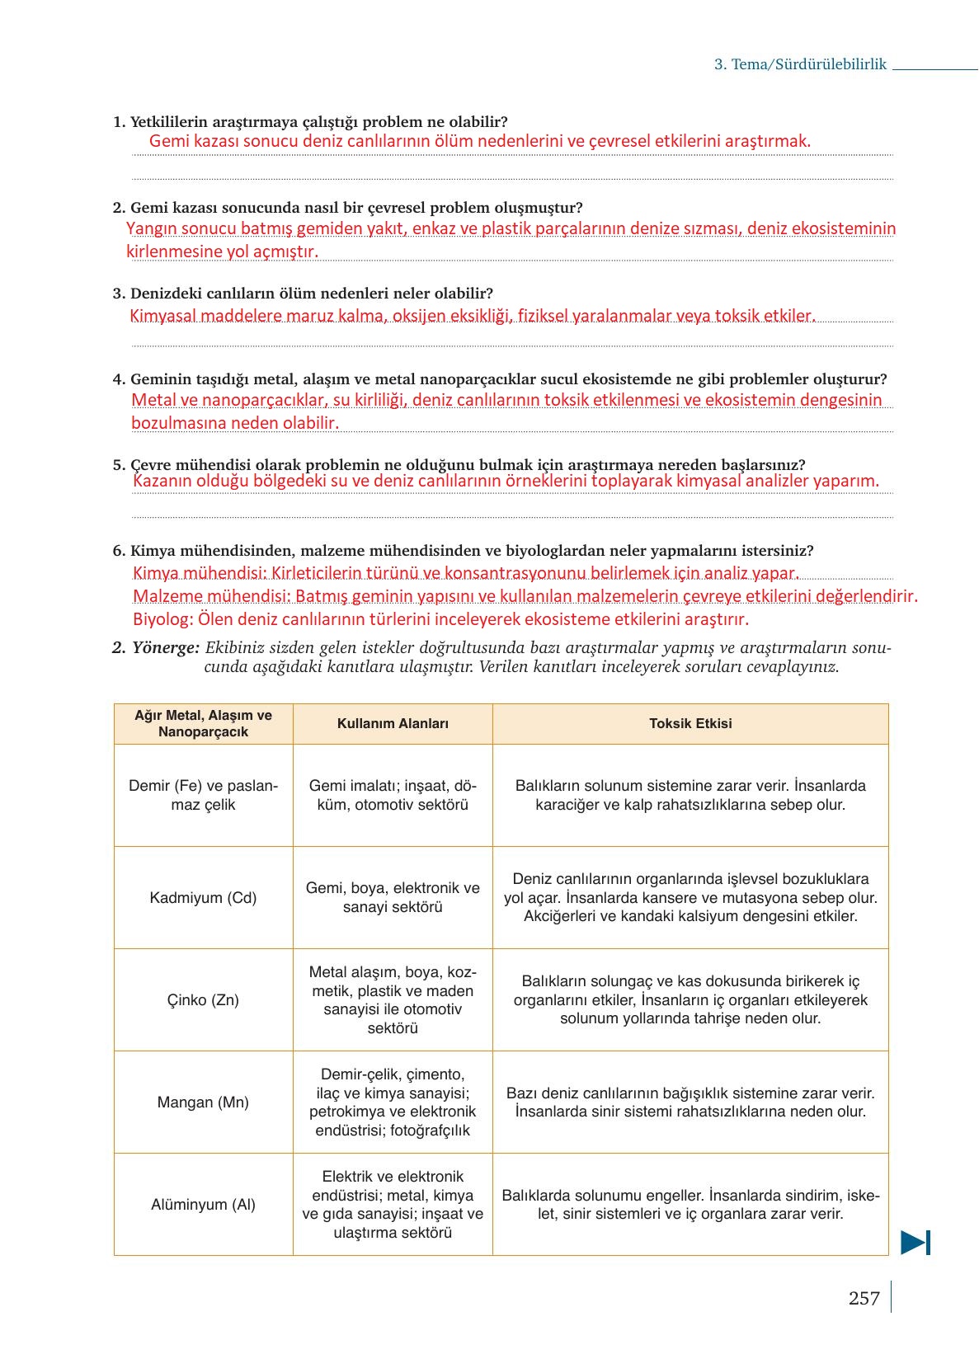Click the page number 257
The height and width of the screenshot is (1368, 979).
(864, 1298)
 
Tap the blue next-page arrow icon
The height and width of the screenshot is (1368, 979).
(915, 1242)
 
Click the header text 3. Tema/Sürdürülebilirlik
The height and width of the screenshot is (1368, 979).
(800, 64)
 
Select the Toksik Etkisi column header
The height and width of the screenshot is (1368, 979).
(690, 723)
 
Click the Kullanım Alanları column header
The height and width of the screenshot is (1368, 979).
(393, 723)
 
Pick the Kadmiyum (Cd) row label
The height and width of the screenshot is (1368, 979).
(203, 897)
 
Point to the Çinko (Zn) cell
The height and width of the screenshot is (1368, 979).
(203, 999)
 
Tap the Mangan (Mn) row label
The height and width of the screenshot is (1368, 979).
(203, 1102)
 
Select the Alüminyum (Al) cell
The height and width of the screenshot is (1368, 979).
(203, 1204)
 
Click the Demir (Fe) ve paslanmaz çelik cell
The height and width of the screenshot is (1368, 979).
(203, 795)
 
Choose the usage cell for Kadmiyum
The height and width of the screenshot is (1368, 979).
(393, 897)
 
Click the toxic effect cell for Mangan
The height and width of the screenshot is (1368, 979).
(690, 1102)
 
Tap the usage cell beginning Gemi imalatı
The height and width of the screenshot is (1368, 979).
(393, 795)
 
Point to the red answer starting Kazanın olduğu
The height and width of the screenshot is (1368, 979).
(505, 481)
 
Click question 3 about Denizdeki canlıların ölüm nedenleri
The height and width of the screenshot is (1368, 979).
(311, 294)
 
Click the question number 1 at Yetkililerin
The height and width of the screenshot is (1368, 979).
(118, 122)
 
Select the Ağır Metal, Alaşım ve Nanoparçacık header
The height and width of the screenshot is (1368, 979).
(203, 723)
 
